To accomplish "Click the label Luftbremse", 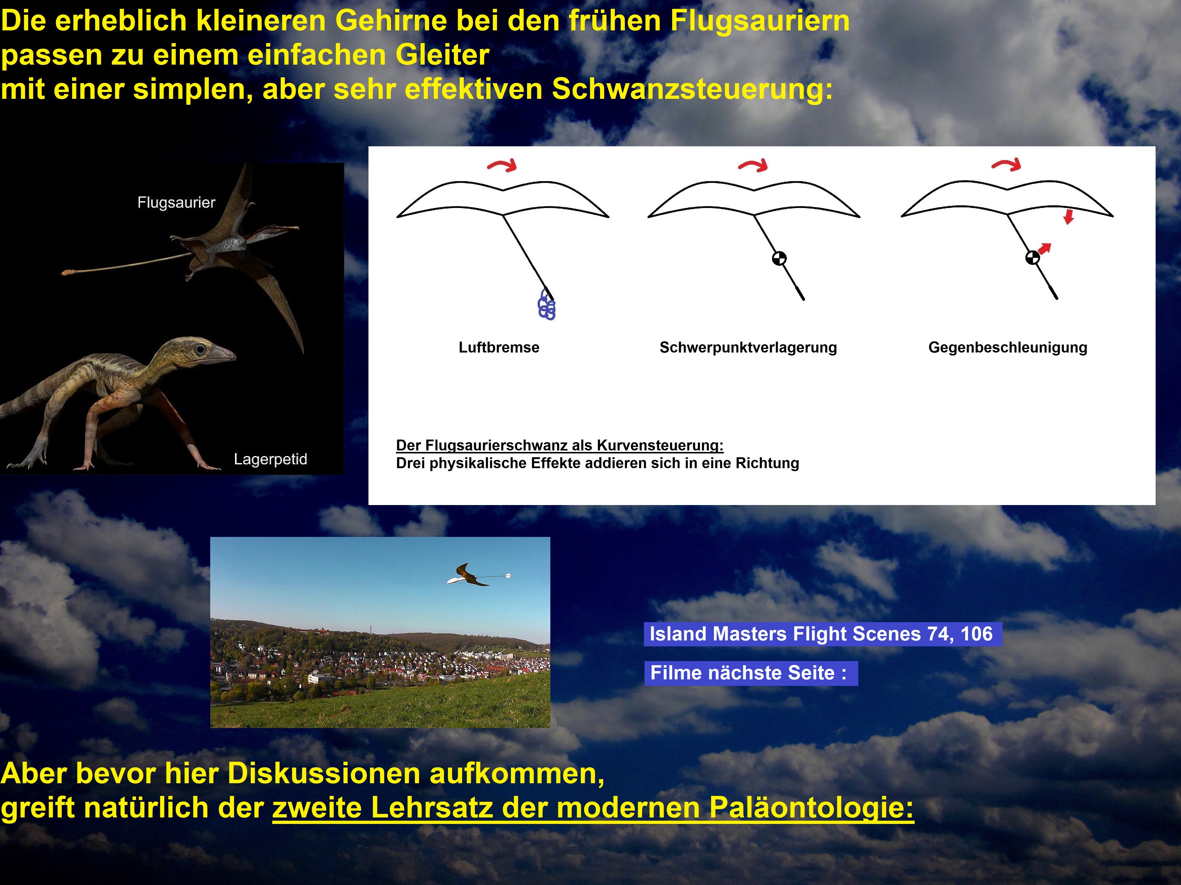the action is tap(499, 347).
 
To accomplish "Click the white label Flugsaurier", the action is tap(176, 203).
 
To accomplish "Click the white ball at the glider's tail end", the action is tap(508, 576).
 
